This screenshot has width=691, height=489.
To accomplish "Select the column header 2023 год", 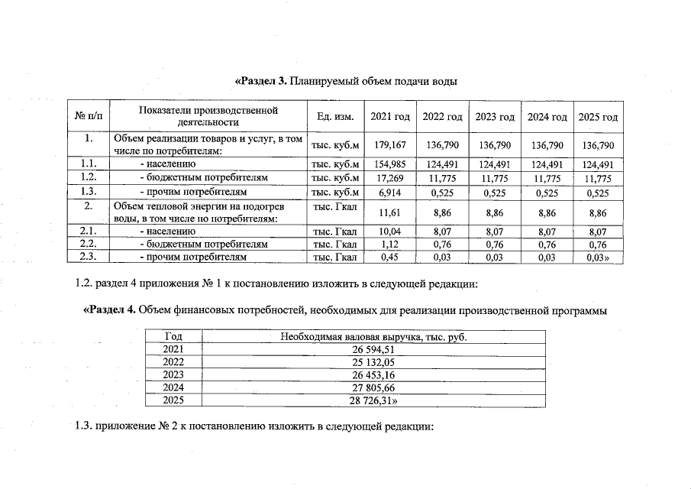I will [495, 117].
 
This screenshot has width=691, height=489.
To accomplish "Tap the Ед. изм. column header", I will [335, 117].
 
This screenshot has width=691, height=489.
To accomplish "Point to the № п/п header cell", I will [89, 117].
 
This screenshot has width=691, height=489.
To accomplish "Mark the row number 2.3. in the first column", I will [89, 257].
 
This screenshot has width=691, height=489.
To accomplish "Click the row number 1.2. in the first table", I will [89, 178].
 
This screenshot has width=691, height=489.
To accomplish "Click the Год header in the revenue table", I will [173, 336].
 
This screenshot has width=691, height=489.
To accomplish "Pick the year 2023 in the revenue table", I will [173, 374].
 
